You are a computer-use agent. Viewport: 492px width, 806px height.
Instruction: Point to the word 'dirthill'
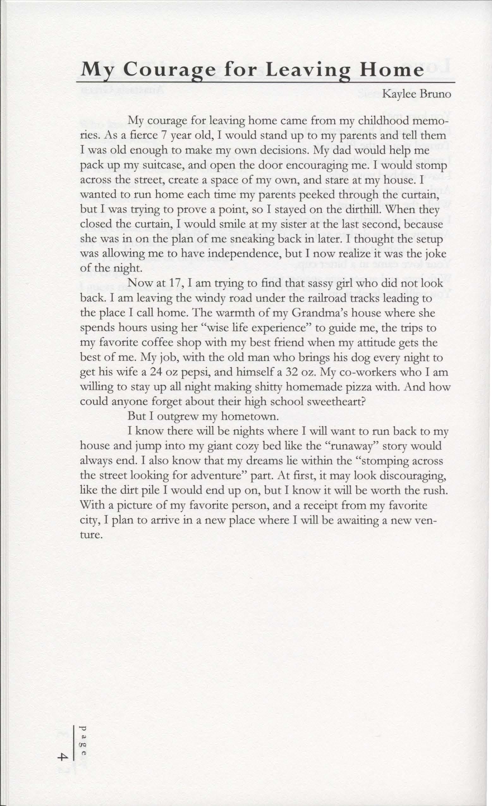pos(343,210)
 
